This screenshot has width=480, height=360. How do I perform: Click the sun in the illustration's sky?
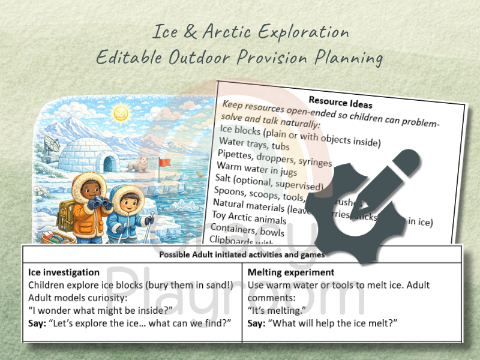(x=121, y=112)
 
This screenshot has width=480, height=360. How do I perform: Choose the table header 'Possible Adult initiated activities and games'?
(x=242, y=254)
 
